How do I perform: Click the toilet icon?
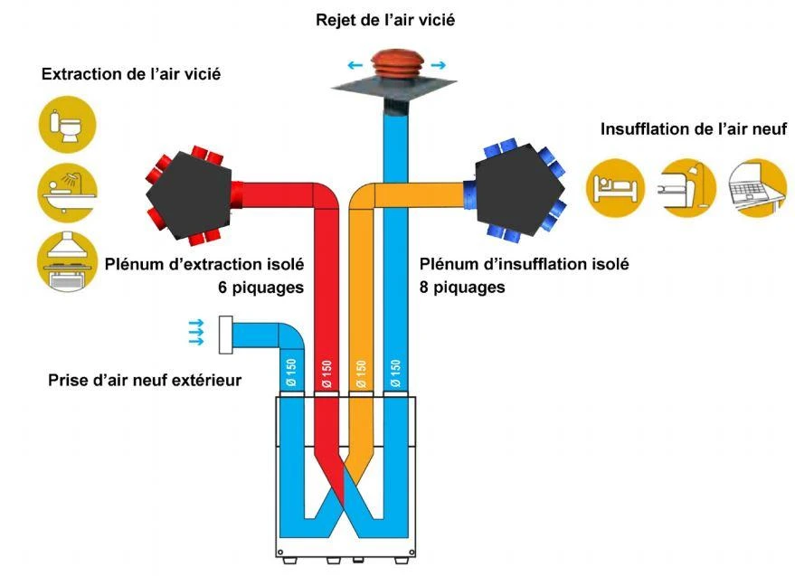[x=65, y=126]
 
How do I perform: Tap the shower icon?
[x=65, y=191]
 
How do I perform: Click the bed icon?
[x=615, y=187]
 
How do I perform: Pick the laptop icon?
[x=757, y=187]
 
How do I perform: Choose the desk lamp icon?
[x=686, y=187]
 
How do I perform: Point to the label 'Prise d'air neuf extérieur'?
[x=145, y=380]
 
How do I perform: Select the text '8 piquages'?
[x=462, y=288]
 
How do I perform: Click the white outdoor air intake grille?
[x=226, y=335]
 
